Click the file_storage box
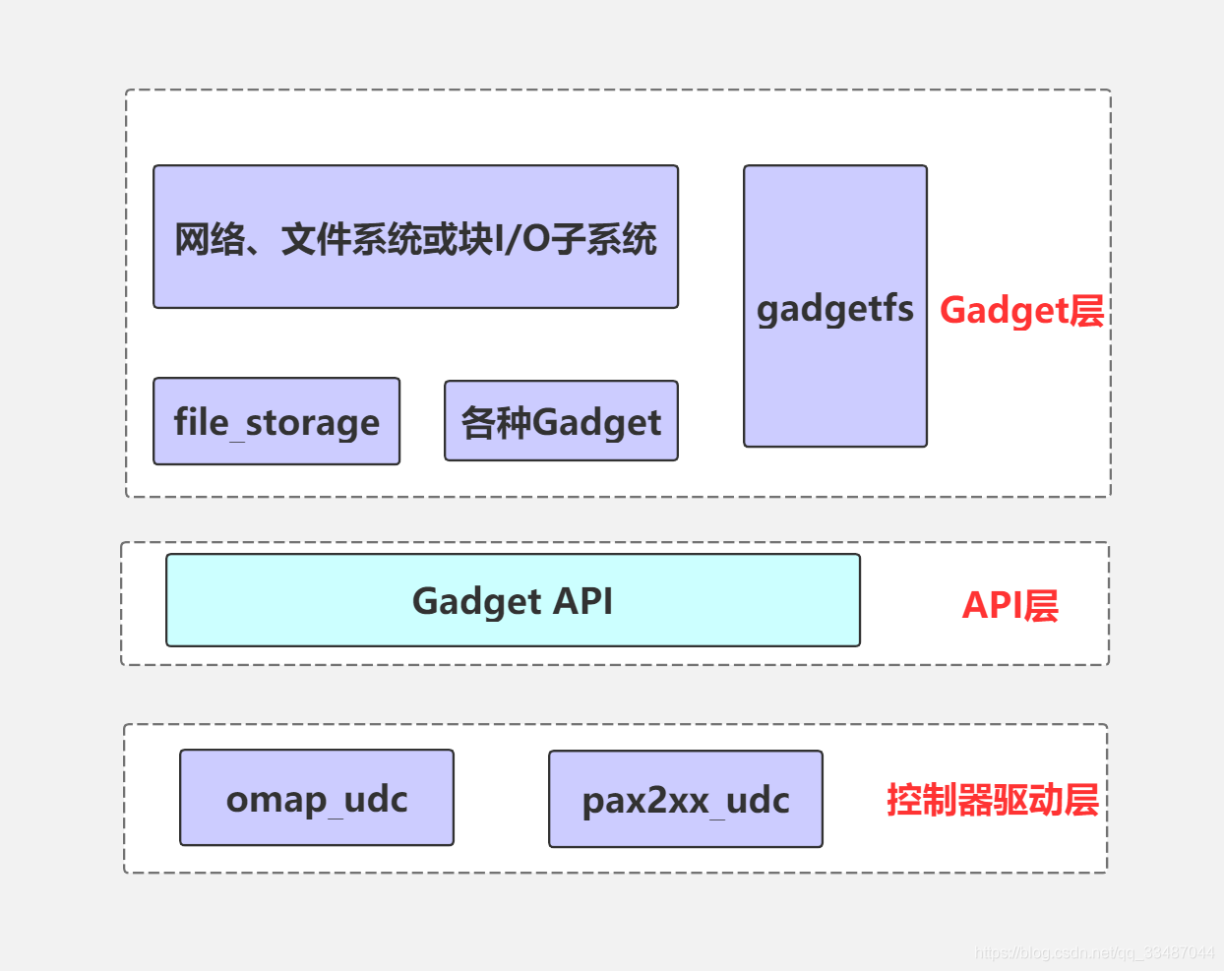tap(276, 421)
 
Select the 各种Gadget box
tap(561, 421)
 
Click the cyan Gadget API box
tap(513, 600)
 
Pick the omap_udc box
tap(317, 798)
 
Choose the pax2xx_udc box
tap(686, 799)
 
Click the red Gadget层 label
tap(1021, 310)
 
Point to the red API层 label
tap(1010, 605)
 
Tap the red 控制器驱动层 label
tap(992, 800)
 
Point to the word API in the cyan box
tap(583, 600)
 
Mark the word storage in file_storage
tap(312, 422)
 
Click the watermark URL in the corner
tap(1094, 952)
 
